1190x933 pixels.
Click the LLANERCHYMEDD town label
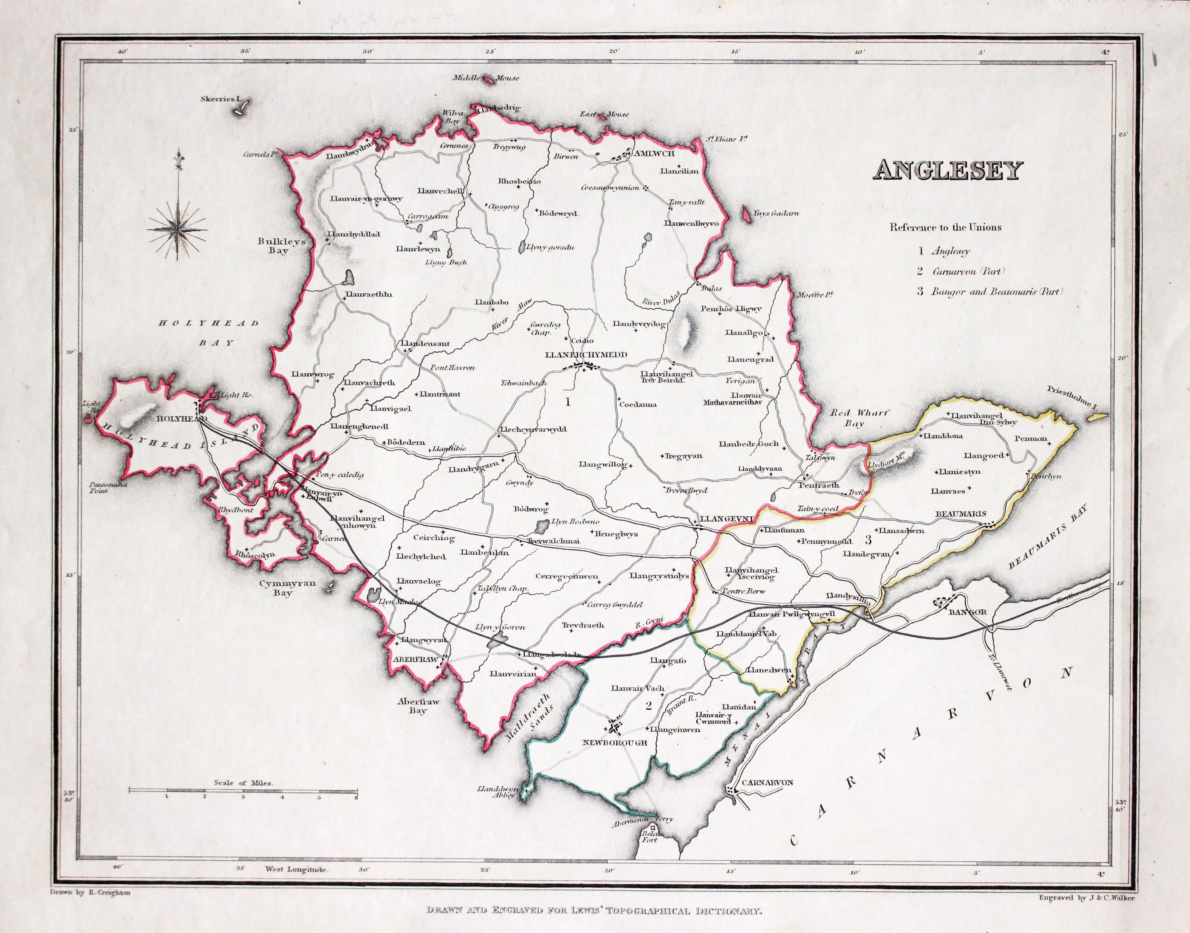tap(583, 355)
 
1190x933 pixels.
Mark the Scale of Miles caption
tap(244, 782)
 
